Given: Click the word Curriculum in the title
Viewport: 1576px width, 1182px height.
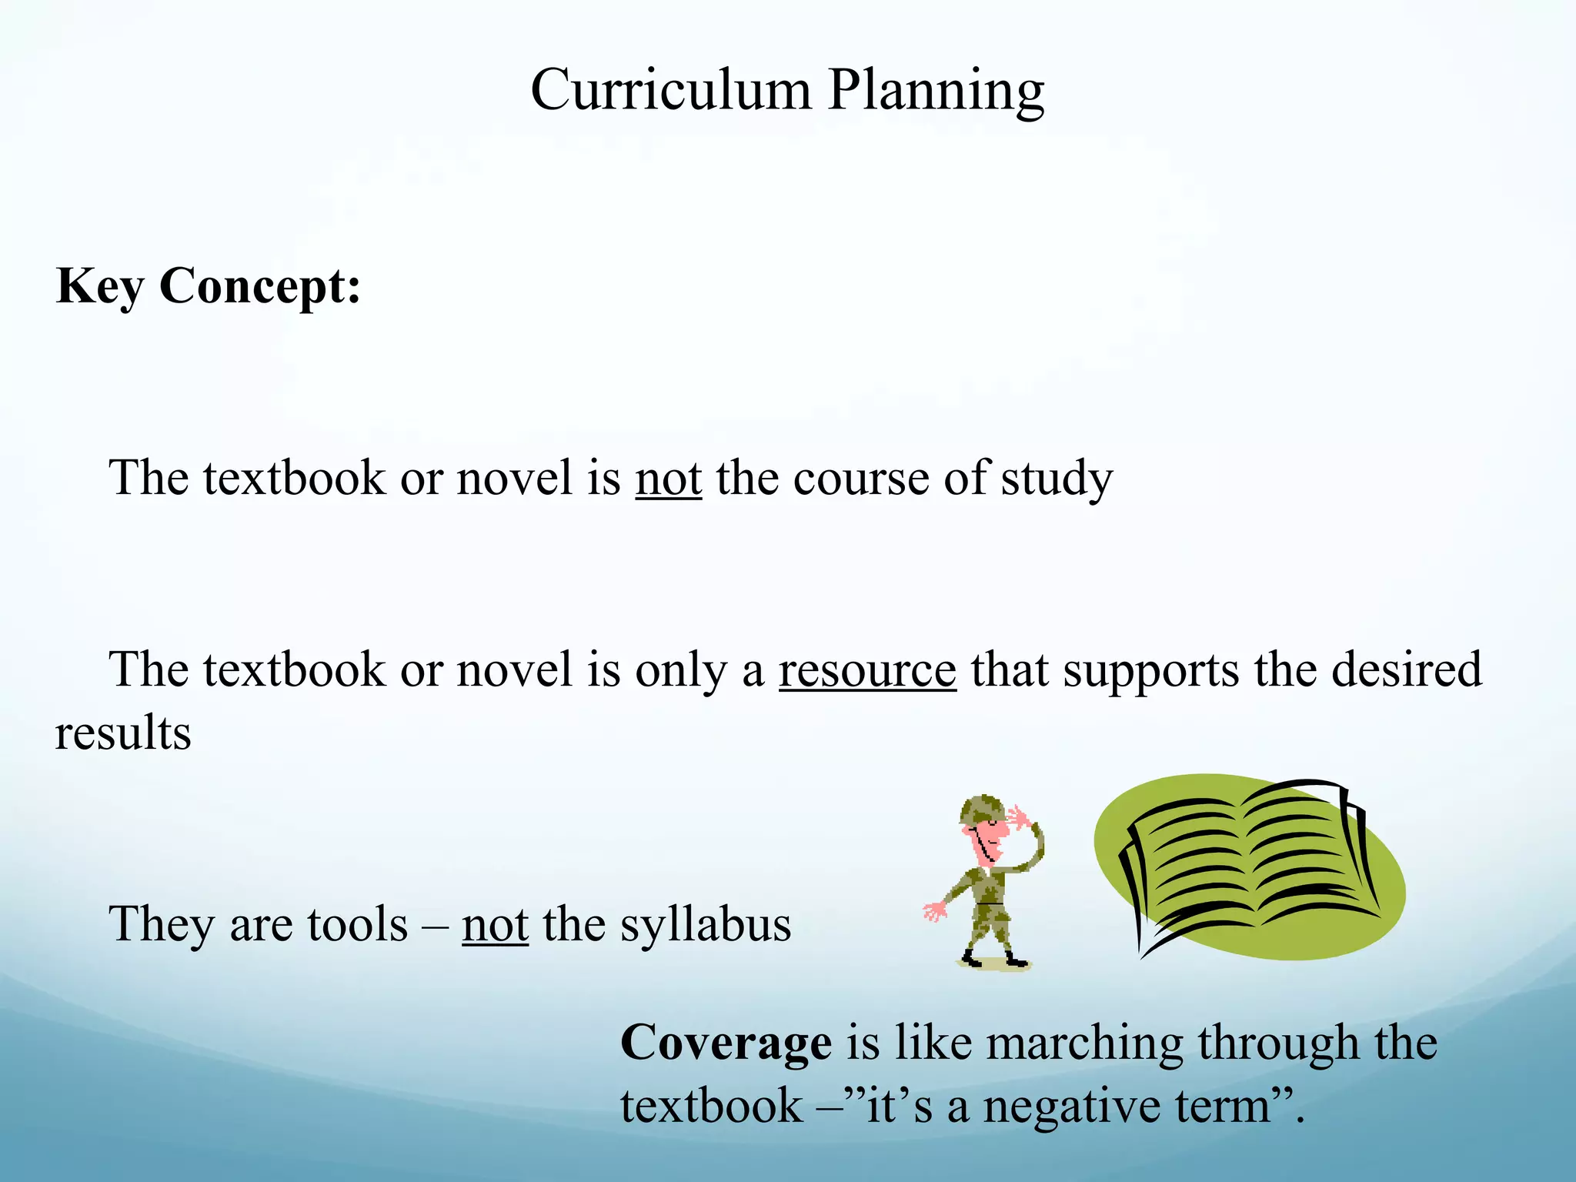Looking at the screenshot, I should pyautogui.click(x=670, y=90).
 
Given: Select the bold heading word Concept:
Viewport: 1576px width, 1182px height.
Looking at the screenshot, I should pyautogui.click(x=260, y=286).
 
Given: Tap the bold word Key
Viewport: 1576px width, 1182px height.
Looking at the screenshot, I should pyautogui.click(x=100, y=288).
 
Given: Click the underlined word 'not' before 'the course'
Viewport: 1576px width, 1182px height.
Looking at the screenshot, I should pyautogui.click(x=668, y=478).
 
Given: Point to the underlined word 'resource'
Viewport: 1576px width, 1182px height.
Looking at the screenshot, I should pyautogui.click(x=867, y=669).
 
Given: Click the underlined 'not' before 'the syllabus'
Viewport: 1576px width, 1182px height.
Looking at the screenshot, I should pyautogui.click(x=495, y=924).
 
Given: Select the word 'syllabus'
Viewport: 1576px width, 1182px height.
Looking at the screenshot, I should pyautogui.click(x=706, y=925).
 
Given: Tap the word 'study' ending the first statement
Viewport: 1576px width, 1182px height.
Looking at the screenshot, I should pyautogui.click(x=1057, y=479).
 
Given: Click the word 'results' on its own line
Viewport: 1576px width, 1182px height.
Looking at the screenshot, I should pyautogui.click(x=123, y=733).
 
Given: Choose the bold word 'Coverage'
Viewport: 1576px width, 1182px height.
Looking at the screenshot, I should pyautogui.click(x=726, y=1043).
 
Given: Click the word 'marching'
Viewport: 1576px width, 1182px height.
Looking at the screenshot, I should pyautogui.click(x=1084, y=1045).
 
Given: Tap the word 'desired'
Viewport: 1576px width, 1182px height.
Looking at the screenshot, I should pyautogui.click(x=1406, y=669).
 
